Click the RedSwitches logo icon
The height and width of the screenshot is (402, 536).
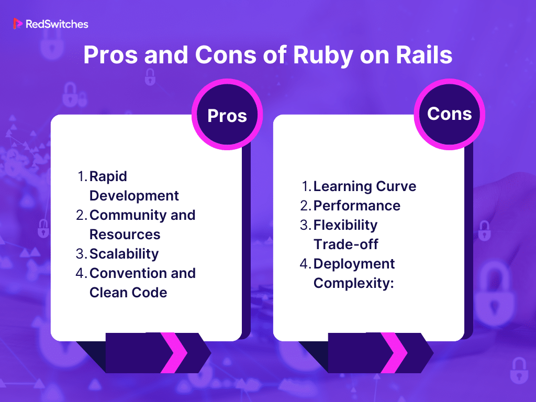17,24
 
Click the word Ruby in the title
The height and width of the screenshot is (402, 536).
322,56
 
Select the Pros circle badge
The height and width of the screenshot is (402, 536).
227,115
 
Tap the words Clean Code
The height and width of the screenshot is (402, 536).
128,293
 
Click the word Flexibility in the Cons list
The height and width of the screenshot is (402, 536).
345,225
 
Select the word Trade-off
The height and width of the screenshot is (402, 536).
345,244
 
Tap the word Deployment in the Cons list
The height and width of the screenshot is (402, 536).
354,264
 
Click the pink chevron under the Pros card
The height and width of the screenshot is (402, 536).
174,353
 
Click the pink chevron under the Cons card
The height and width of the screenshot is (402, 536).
394,353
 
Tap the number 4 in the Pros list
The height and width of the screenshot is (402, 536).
80,273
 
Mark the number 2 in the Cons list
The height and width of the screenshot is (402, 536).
305,206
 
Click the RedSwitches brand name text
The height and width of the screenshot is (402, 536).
57,24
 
